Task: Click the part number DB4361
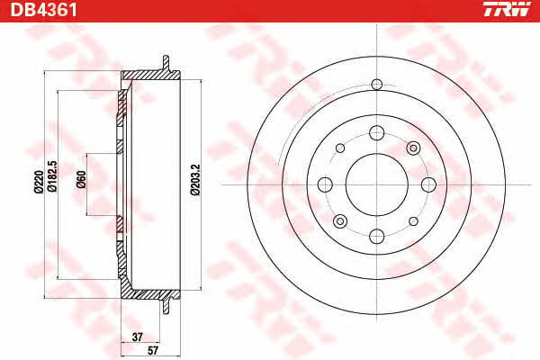[44, 10]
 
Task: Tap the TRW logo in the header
[507, 9]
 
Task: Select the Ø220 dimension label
[39, 182]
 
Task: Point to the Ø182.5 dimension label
[52, 176]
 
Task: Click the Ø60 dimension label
[81, 179]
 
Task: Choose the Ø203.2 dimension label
[195, 180]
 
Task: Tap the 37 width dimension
[137, 337]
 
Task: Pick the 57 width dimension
[153, 351]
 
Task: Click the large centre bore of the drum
[377, 184]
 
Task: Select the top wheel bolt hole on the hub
[377, 133]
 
